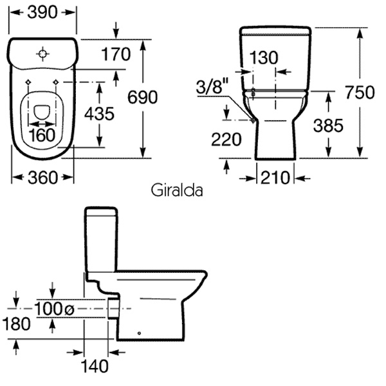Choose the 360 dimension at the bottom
(43, 176)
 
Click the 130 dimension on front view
(264, 57)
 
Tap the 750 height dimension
(360, 92)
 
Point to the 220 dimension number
(226, 138)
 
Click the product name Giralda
(178, 190)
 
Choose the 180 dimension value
(15, 324)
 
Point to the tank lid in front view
(275, 30)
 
